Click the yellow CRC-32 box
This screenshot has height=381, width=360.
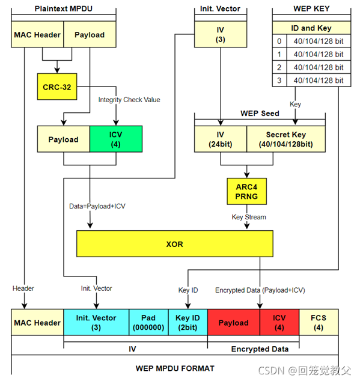tap(56, 87)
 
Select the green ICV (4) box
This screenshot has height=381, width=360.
tap(115, 139)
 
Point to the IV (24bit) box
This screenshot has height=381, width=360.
tap(221, 139)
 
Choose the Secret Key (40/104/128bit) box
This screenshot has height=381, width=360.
tap(286, 139)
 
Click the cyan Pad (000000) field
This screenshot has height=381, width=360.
tap(148, 323)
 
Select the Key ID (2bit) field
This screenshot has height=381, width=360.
tap(188, 323)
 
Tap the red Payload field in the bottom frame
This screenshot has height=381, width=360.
tap(233, 323)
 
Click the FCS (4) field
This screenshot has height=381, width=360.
tap(319, 323)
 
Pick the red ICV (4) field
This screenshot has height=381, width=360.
tap(279, 323)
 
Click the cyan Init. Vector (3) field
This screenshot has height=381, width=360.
tap(97, 323)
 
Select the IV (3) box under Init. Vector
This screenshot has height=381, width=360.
tap(220, 35)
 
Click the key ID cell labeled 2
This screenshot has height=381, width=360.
tap(278, 67)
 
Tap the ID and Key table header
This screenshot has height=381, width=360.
tap(311, 28)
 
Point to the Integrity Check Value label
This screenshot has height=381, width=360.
tap(129, 99)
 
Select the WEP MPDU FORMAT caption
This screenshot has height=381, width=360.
tap(175, 367)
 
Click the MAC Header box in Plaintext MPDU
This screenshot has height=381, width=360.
tap(37, 35)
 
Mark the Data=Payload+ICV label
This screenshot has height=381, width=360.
tap(97, 206)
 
